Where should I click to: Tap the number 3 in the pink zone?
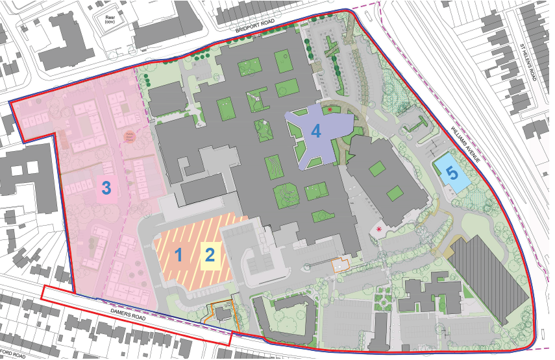pyautogui.click(x=107, y=189)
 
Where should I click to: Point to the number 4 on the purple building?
pyautogui.click(x=316, y=131)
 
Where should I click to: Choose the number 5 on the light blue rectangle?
pyautogui.click(x=451, y=173)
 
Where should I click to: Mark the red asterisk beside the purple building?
pyautogui.click(x=330, y=110)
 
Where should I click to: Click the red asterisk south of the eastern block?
pyautogui.click(x=380, y=230)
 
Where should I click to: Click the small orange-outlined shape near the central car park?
pyautogui.click(x=339, y=264)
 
